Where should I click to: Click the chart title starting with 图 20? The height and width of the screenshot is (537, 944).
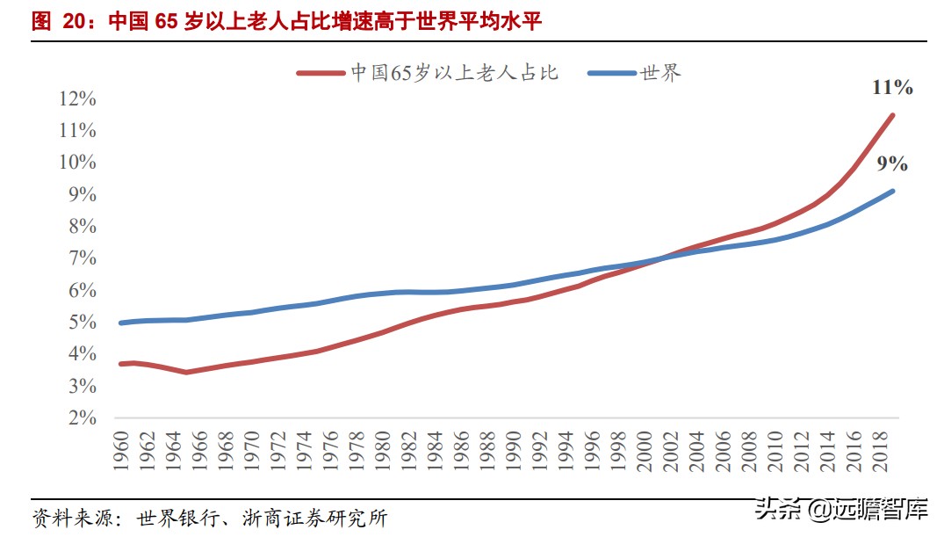tap(286, 22)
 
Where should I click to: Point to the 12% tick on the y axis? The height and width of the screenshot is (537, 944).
tap(77, 98)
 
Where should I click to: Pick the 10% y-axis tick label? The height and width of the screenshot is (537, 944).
tap(77, 163)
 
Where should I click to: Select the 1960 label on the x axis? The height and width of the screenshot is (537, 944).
tap(121, 449)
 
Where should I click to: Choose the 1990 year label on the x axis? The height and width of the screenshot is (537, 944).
tap(514, 449)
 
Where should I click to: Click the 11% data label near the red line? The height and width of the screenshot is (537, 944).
tap(892, 87)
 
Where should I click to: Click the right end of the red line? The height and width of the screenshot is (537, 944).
tap(893, 115)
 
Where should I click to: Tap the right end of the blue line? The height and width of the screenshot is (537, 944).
tap(893, 191)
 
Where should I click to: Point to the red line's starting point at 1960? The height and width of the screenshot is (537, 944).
tap(121, 364)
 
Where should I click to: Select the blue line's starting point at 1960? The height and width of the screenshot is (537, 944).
tap(121, 323)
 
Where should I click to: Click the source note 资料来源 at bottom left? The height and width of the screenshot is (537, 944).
tap(209, 518)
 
